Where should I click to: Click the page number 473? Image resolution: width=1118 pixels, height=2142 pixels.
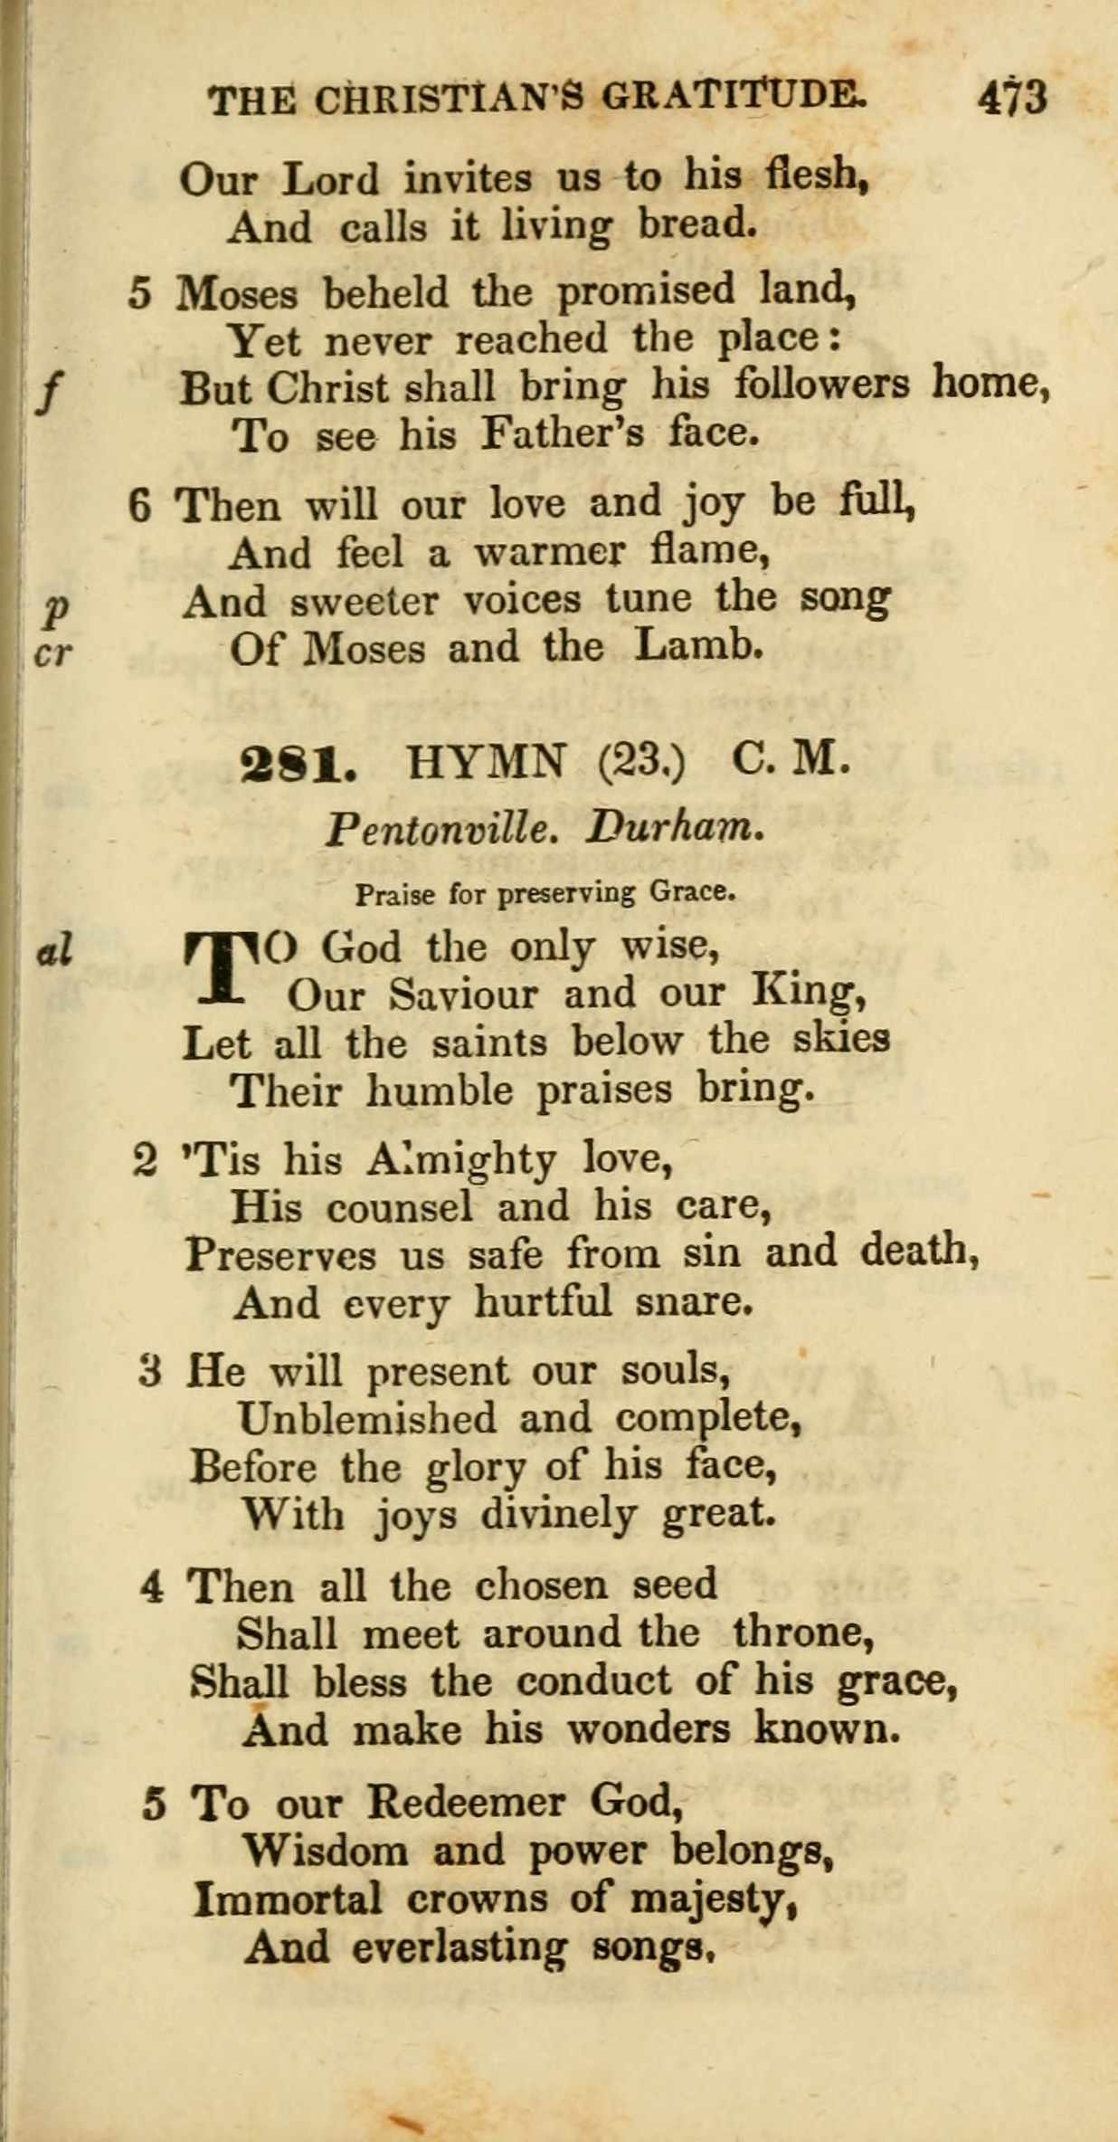coord(1012,97)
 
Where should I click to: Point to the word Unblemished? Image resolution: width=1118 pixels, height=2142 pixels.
coord(366,1419)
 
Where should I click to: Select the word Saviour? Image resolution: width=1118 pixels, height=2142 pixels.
coord(463,995)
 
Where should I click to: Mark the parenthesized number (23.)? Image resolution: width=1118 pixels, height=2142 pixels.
coord(641,762)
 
